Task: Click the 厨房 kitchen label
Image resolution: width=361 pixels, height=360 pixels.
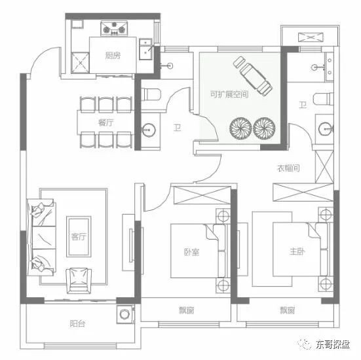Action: pyautogui.click(x=113, y=56)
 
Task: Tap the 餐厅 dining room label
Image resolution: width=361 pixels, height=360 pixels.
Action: pyautogui.click(x=105, y=122)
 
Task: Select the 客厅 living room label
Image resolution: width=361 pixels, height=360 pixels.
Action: pyautogui.click(x=79, y=237)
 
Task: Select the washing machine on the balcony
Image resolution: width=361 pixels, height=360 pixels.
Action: pyautogui.click(x=124, y=314)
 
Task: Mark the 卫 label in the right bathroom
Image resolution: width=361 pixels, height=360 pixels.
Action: pyautogui.click(x=303, y=105)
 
